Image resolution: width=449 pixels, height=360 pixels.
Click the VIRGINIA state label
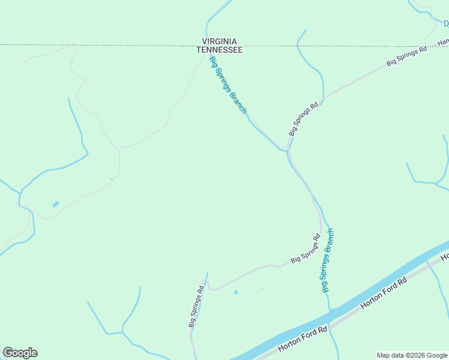tap(220, 42)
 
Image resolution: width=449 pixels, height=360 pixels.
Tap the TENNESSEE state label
tap(220, 50)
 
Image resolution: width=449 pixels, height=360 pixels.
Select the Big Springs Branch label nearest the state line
tap(228, 85)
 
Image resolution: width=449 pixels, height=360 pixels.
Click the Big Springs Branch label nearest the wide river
tap(327, 260)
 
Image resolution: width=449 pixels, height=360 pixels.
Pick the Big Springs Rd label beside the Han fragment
tap(406, 55)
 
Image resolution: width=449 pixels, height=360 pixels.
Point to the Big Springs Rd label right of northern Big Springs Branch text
tap(303, 119)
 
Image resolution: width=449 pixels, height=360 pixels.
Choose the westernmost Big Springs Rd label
tap(197, 306)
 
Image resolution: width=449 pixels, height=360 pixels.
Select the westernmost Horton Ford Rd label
tap(303, 340)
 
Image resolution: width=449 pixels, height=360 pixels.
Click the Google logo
tap(20, 353)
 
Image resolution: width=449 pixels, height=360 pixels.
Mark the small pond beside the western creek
tap(56, 205)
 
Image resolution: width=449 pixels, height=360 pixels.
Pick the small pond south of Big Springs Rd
tap(235, 292)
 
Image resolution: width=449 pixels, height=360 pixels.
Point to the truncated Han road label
tap(443, 41)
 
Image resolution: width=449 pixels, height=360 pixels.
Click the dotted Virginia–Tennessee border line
tap(120, 45)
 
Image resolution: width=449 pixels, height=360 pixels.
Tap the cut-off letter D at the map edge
tap(446, 24)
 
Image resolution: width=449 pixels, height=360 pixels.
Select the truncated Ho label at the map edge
tap(445, 257)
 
